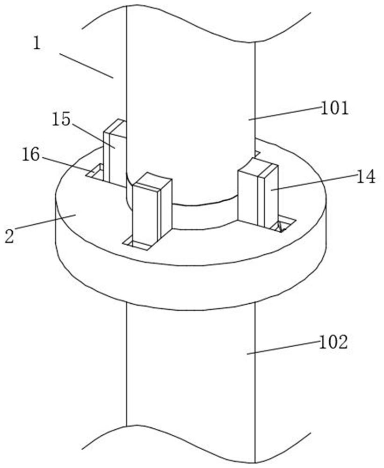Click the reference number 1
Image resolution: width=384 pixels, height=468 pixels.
[x=36, y=44]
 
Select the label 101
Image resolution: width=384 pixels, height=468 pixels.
[x=334, y=109]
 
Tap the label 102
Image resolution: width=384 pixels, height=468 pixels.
[x=333, y=343]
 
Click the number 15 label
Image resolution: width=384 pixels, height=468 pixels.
[x=61, y=120]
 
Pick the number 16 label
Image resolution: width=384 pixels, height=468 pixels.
[x=31, y=155]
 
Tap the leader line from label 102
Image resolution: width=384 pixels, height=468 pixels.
[x=283, y=348]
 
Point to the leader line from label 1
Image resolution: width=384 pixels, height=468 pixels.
[x=86, y=66]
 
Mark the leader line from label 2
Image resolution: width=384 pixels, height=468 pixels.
[x=45, y=222]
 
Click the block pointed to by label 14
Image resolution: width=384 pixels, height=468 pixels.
[x=258, y=193]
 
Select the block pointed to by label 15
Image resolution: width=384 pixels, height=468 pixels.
[x=115, y=152]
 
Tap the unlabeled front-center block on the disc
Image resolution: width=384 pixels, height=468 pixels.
[x=152, y=209]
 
